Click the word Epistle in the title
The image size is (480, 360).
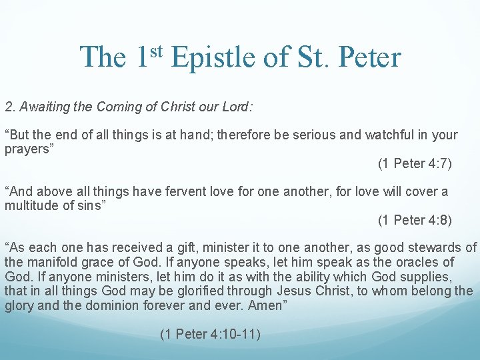point(212,57)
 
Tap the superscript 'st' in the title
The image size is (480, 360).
point(157,50)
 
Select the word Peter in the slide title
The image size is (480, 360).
point(369,57)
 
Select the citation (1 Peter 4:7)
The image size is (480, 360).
point(415,163)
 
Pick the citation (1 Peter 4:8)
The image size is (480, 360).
point(415,220)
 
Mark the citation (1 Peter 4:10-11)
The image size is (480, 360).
point(210,334)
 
